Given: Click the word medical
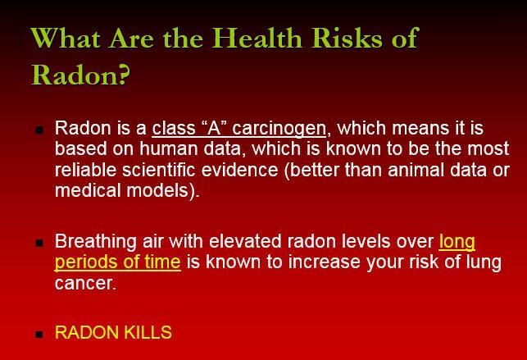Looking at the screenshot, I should pos(86,190).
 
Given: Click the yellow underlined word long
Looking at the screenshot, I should pos(457,243).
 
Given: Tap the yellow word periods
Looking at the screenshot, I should pos(84,263).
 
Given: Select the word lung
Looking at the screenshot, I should pos(485,263).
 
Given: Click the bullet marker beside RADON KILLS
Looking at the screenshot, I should pos(39,335).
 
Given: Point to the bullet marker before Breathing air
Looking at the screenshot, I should pos(39,244).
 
